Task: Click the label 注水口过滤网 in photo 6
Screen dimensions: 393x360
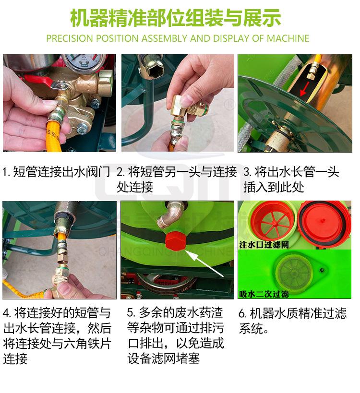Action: coord(264,245)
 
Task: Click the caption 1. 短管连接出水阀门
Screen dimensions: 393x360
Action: coord(57,172)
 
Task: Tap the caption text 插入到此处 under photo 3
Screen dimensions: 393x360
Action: coord(273,187)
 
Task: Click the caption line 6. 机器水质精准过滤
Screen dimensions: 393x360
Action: coord(292,313)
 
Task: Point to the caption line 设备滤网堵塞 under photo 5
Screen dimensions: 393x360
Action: coord(163,358)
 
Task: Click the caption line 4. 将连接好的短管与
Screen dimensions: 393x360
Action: coord(57,313)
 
